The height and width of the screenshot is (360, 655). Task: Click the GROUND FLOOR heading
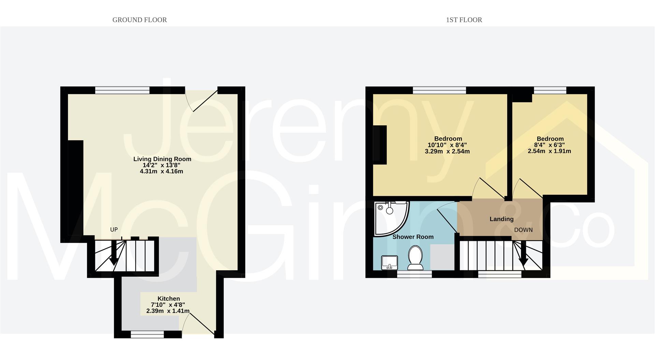point(140,20)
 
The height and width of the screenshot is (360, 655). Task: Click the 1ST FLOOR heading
point(464,20)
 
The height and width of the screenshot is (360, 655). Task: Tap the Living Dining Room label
point(162,159)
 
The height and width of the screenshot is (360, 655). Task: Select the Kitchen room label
point(169,299)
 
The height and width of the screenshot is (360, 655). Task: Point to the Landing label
point(501,219)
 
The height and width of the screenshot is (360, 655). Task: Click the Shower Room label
point(413,237)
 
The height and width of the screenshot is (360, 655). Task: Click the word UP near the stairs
point(114,230)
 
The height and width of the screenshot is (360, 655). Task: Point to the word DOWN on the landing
point(523,230)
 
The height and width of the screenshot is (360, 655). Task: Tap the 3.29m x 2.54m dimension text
point(447,152)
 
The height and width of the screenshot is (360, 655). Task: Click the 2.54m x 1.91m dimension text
point(549,151)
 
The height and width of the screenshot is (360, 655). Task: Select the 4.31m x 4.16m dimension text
point(161,171)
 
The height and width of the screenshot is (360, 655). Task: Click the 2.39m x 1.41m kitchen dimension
point(168,311)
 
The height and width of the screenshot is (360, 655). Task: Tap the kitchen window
point(147,335)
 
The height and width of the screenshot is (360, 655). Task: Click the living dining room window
point(122,90)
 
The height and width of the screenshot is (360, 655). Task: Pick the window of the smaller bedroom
point(550,90)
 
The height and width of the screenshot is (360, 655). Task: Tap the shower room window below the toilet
point(414,274)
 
